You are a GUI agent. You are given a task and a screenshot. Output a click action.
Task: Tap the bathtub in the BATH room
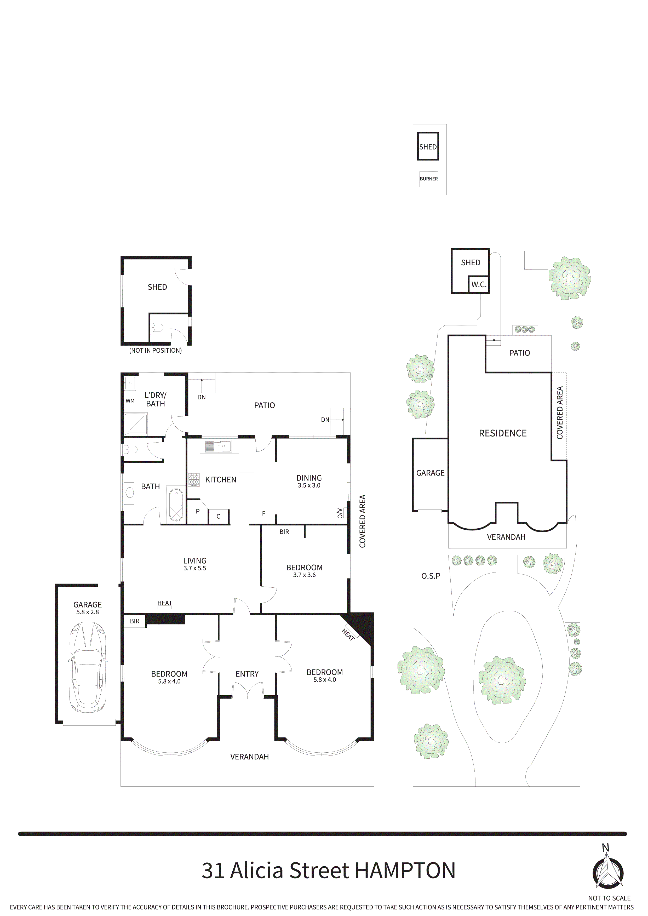click(176, 505)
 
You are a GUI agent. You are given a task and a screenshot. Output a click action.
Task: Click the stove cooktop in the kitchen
click(194, 479)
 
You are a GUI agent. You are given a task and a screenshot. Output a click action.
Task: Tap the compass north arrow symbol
click(607, 874)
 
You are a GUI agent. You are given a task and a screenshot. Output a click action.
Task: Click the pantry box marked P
click(198, 512)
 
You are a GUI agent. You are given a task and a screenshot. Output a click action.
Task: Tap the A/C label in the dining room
click(339, 513)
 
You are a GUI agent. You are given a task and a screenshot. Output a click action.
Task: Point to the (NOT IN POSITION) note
click(155, 350)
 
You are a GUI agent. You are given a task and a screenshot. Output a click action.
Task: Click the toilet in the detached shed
click(157, 328)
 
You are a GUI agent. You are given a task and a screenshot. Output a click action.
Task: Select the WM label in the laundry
click(130, 400)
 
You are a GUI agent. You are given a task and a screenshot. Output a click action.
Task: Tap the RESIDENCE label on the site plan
click(502, 433)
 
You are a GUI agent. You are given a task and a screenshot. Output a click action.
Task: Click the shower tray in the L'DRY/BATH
click(136, 424)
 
